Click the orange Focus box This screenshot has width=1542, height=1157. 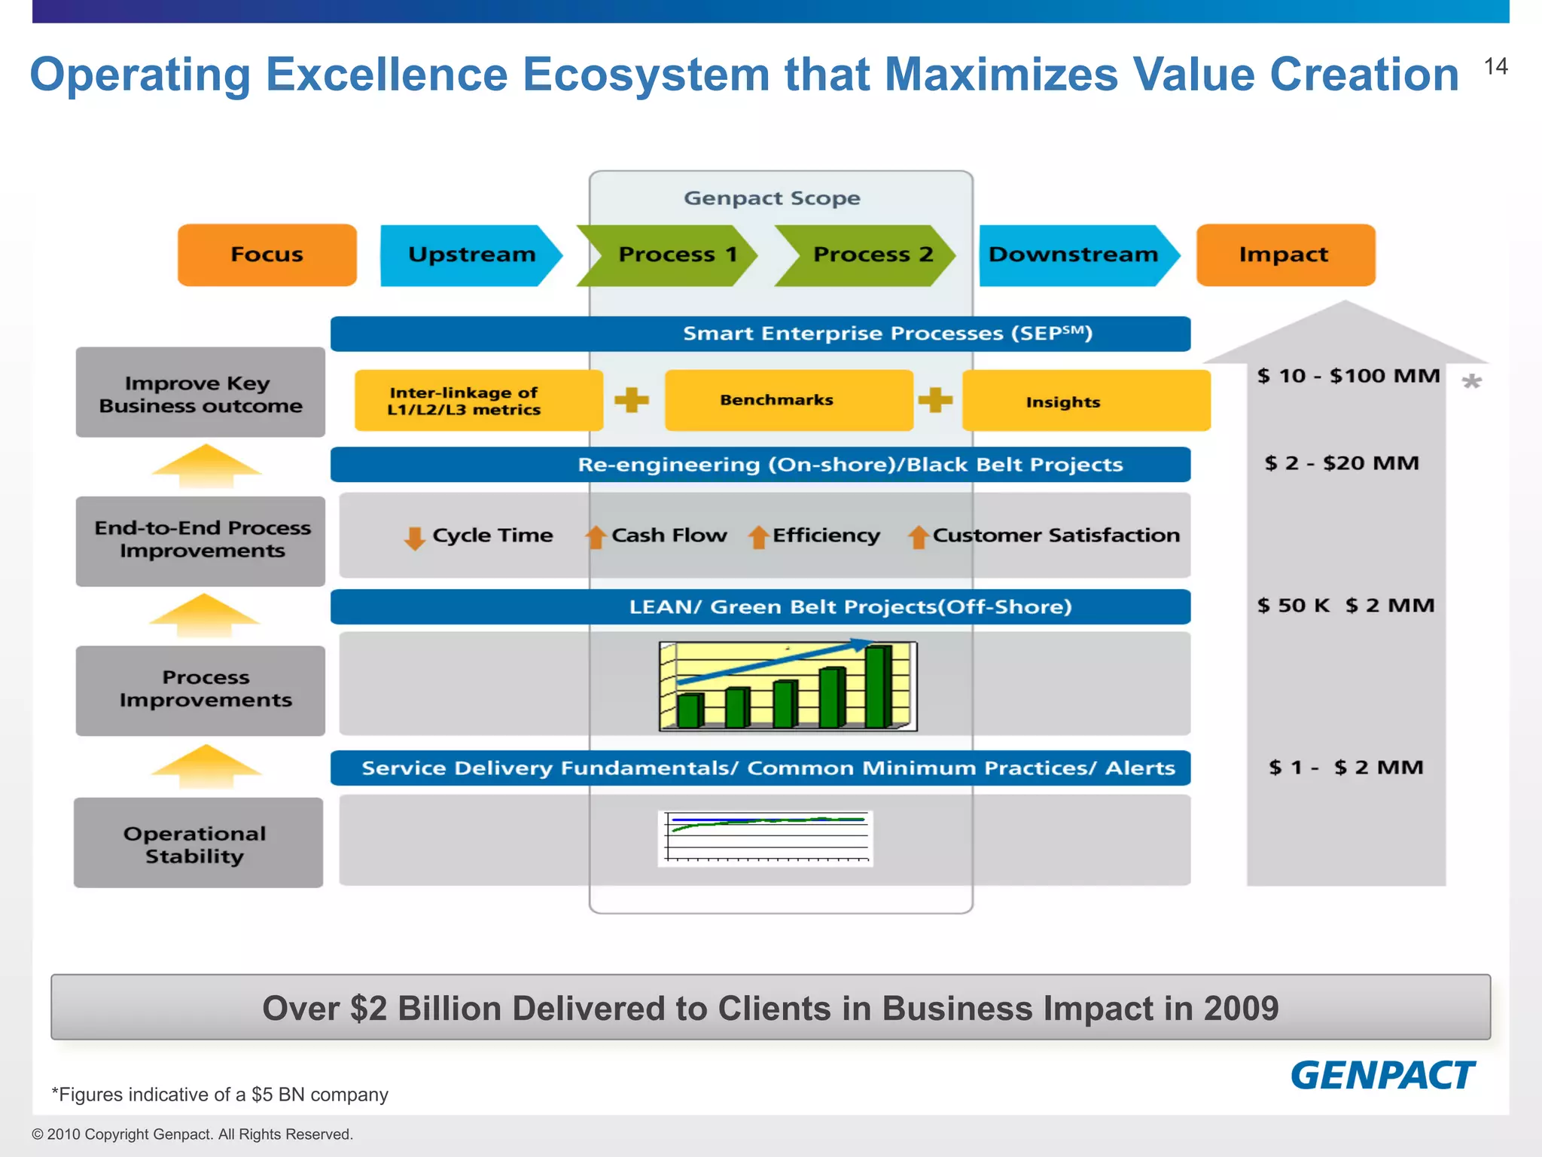click(x=267, y=255)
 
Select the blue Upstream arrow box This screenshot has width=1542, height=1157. click(x=471, y=255)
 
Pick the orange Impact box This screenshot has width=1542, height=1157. click(x=1284, y=255)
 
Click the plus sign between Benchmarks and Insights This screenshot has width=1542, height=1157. click(x=935, y=400)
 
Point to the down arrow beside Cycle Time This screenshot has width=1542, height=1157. click(x=414, y=538)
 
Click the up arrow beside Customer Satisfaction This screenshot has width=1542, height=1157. click(x=918, y=537)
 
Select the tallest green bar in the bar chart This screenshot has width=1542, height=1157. click(x=878, y=685)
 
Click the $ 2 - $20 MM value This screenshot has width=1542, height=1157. click(x=1342, y=462)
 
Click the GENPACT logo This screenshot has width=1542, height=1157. click(x=1382, y=1075)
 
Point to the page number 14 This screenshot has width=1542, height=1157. click(x=1495, y=67)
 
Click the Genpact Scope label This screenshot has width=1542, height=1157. click(x=772, y=198)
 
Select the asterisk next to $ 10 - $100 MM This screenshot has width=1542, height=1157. click(x=1471, y=382)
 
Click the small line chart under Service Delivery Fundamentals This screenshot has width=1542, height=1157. click(x=766, y=838)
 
